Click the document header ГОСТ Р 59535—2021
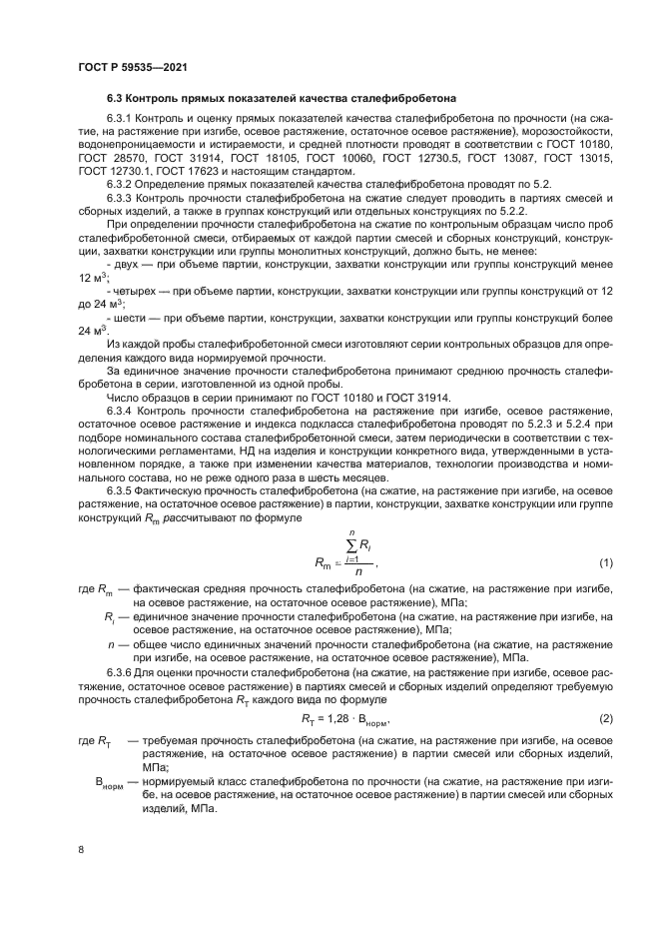(x=133, y=66)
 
